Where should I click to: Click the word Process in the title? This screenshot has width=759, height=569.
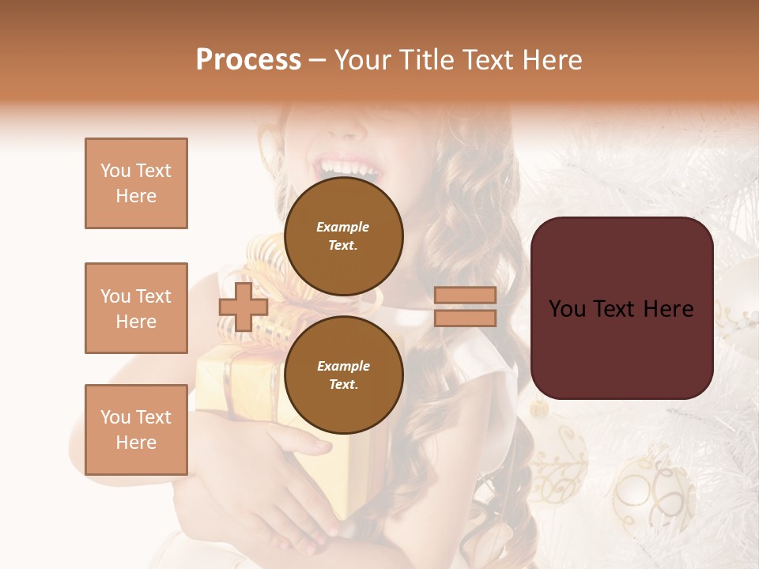248,60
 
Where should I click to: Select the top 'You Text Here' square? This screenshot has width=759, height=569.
136,183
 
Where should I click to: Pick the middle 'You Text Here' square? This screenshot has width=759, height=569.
136,308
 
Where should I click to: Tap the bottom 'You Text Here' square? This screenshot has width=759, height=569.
136,430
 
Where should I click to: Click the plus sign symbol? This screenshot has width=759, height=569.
244,307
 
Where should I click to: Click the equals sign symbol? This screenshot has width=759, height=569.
465,307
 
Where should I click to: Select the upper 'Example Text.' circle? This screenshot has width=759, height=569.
343,236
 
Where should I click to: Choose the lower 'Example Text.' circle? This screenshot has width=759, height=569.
343,375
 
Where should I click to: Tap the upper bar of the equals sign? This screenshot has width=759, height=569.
465,296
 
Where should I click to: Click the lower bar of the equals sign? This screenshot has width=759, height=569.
465,318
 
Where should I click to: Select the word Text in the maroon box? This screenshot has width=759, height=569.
621,309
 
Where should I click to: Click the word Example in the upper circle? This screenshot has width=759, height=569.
343,227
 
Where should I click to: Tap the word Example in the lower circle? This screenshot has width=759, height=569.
343,366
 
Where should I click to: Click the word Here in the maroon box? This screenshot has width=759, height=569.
669,309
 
